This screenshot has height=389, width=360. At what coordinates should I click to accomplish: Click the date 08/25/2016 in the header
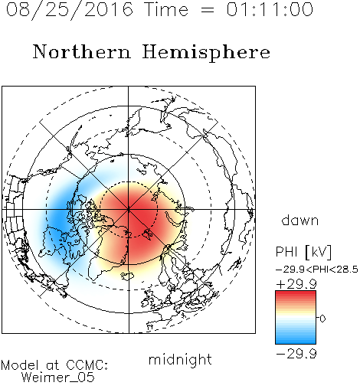point(70,10)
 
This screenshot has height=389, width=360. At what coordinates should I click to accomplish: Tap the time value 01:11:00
point(270,9)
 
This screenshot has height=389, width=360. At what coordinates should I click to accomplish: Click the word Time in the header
point(166,9)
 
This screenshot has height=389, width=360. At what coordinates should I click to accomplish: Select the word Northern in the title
point(82,51)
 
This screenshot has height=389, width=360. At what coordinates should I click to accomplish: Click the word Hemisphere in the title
point(206,53)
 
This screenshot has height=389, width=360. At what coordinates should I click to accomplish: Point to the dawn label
point(299,220)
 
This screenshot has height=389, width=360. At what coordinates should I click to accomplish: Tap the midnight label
point(180,359)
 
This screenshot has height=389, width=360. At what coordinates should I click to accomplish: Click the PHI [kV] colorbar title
point(303,252)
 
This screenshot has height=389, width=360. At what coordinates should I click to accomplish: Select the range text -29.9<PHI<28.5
point(317,270)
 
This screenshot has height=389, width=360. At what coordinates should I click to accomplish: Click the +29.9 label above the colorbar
point(296,284)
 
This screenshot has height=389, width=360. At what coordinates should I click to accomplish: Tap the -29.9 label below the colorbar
point(296,354)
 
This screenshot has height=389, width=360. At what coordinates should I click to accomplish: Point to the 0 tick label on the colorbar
point(322,319)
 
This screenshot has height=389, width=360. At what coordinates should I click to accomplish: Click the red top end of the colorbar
point(296,293)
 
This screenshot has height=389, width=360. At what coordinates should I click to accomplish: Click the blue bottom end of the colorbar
point(296,342)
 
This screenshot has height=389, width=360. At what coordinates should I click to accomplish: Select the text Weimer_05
point(58,377)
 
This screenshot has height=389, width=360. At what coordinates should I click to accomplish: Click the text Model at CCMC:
point(54,365)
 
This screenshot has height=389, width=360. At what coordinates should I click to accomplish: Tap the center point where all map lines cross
point(129,209)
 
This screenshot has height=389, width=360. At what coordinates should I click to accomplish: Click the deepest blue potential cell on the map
point(59,217)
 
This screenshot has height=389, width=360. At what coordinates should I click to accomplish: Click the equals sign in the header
point(208,10)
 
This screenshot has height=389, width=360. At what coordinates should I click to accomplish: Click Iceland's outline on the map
point(128,276)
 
